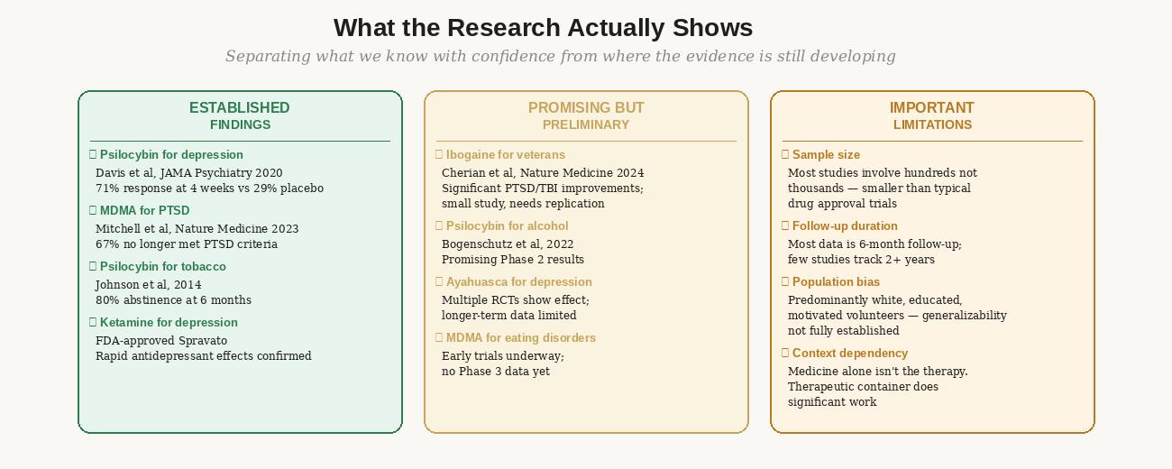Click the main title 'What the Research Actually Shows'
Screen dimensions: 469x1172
543,28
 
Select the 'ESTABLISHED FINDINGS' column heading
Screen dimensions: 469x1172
240,115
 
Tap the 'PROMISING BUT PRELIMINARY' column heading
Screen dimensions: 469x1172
586,115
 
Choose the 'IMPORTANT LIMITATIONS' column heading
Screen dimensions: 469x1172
932,115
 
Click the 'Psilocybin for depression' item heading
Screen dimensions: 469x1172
170,155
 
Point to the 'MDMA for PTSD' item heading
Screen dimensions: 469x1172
144,211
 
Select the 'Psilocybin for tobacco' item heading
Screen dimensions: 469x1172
162,267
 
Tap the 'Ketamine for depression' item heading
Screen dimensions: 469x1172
168,323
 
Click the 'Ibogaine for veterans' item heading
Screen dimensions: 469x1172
505,155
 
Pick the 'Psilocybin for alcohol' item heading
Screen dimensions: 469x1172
507,226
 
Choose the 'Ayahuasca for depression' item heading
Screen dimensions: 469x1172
518,282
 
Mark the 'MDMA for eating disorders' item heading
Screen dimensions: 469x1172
520,338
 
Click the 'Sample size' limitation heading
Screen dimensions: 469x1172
825,155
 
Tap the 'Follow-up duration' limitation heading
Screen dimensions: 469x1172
844,226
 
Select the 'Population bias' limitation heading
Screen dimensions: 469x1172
837,282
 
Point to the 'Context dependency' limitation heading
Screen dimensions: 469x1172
849,354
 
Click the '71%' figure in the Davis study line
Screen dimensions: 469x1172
107,189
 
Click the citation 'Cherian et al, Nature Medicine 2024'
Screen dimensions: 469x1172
543,173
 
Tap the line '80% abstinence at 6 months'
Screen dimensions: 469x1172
173,300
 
